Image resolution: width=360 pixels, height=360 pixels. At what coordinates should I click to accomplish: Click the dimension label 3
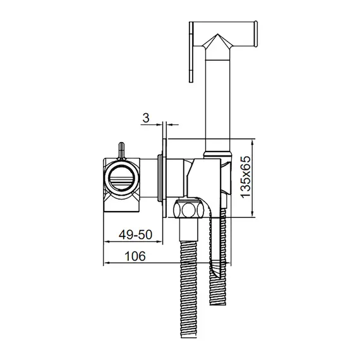tap(146, 117)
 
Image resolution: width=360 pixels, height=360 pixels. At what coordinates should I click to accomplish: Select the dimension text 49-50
tap(135, 235)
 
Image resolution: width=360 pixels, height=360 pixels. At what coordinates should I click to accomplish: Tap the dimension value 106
tap(135, 256)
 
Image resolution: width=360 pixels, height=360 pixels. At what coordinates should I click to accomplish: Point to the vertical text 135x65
tap(245, 176)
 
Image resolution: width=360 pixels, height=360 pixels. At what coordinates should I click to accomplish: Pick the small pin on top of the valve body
tap(121, 151)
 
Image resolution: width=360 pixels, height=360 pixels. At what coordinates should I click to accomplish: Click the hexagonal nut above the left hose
tap(188, 209)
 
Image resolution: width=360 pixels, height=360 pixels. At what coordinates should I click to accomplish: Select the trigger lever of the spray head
tap(191, 52)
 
